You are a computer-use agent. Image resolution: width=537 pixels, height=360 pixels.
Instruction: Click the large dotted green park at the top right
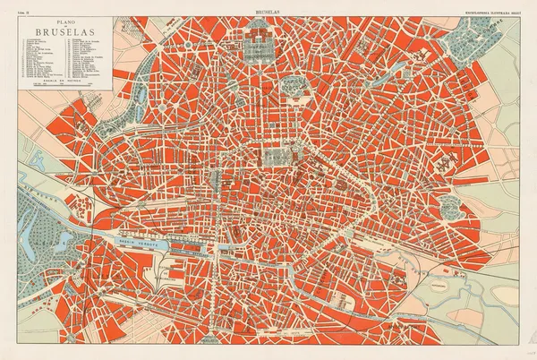click(474, 36)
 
